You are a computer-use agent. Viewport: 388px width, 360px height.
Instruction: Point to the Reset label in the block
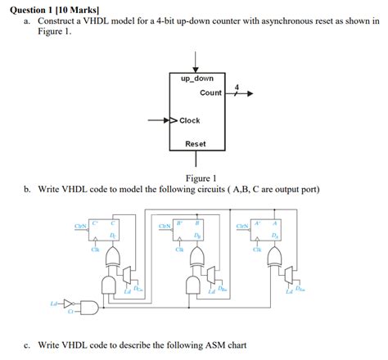196,144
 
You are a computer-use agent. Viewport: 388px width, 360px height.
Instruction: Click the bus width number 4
237,86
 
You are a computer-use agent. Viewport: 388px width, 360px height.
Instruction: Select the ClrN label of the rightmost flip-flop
242,226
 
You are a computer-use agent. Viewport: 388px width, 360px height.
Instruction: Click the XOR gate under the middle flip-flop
196,259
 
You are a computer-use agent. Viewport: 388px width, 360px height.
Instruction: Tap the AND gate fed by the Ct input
89,307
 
